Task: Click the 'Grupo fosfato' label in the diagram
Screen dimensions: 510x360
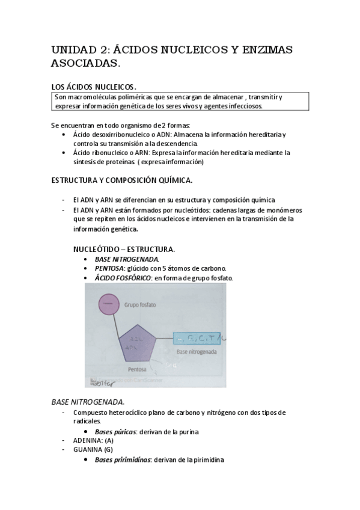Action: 140,305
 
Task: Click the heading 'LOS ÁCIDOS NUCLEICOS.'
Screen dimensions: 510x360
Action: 94,87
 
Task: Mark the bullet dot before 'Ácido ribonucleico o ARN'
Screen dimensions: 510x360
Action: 65,153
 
